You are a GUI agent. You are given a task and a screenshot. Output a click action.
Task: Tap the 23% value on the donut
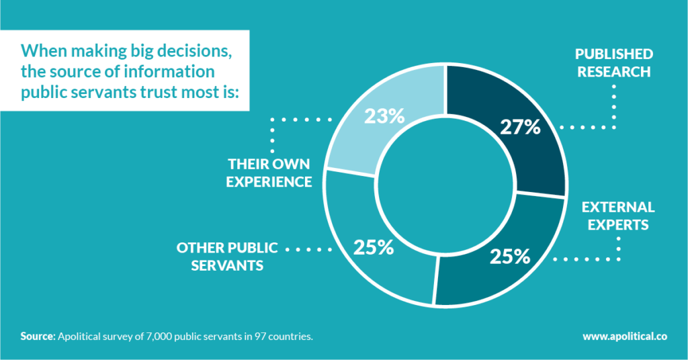384,116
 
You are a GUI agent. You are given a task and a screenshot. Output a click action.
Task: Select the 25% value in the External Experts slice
509,257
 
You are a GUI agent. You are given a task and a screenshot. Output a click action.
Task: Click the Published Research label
612,62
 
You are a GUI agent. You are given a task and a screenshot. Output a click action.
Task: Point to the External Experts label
617,216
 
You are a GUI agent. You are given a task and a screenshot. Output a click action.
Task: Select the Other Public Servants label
226,256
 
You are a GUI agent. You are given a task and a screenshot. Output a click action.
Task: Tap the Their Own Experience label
269,172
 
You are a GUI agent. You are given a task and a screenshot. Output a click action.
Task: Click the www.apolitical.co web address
630,336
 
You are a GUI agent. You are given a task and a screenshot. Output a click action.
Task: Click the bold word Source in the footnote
37,336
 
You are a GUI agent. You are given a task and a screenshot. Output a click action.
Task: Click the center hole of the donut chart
444,188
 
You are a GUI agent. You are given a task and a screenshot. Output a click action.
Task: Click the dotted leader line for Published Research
613,107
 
